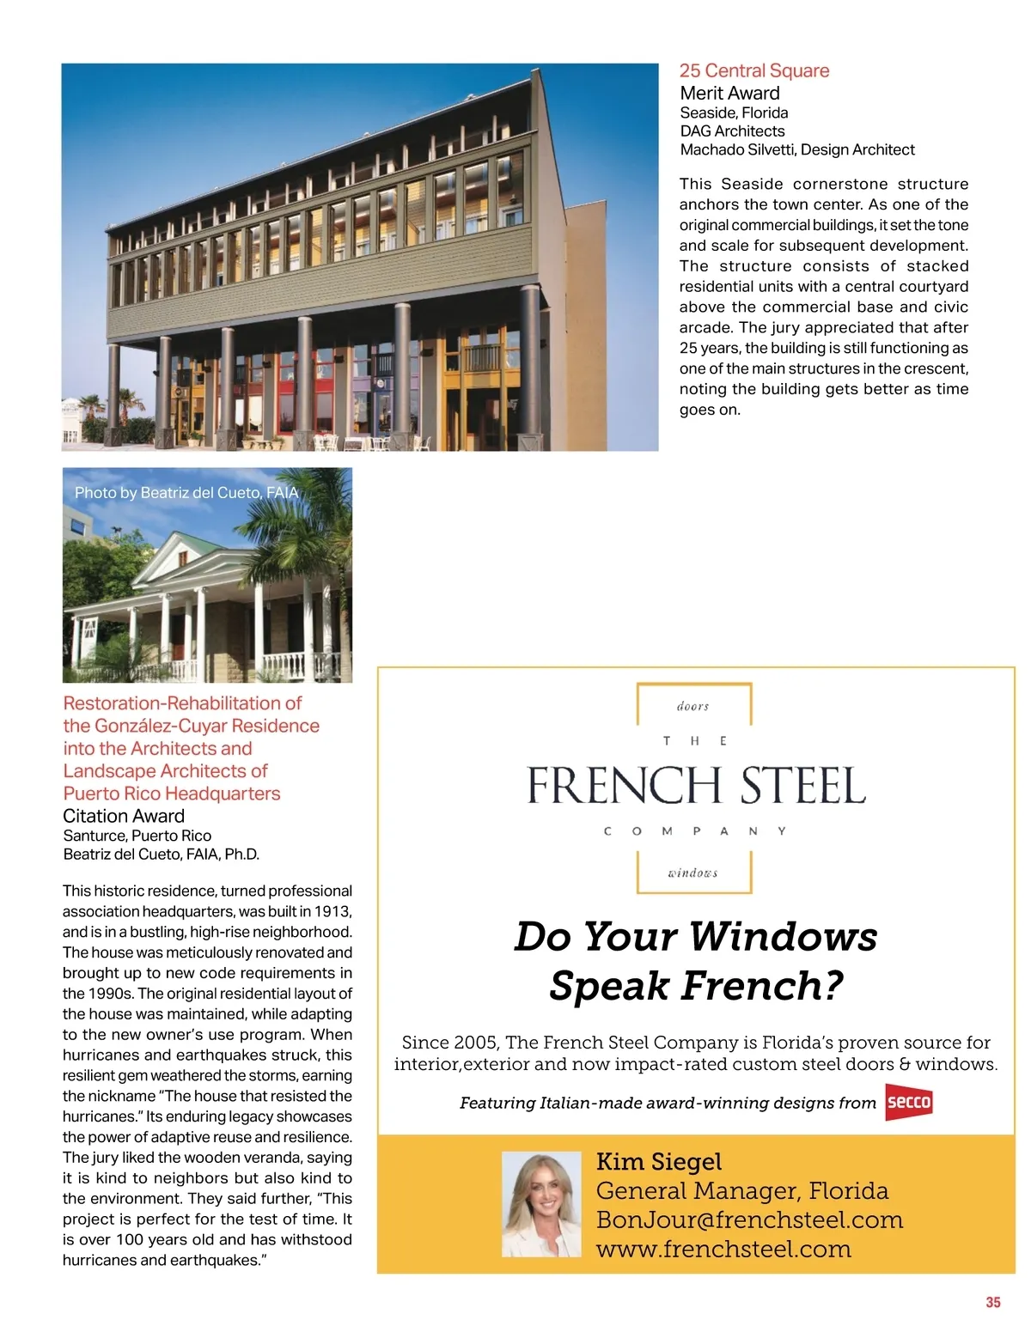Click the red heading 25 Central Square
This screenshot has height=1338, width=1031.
click(x=754, y=71)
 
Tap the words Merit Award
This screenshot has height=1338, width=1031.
click(x=729, y=94)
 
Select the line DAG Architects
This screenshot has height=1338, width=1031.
click(x=732, y=131)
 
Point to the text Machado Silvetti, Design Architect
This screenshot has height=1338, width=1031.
click(x=796, y=150)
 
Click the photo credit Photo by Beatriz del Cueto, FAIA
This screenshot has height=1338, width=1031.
click(x=186, y=493)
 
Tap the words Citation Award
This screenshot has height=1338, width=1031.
click(x=124, y=816)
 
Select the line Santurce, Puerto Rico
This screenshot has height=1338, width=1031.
click(x=137, y=836)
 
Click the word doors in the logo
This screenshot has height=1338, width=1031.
click(x=692, y=707)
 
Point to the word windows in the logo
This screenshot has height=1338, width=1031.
click(x=692, y=873)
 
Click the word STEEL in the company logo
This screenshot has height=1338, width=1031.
click(x=802, y=786)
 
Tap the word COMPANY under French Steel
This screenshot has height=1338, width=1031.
click(x=694, y=831)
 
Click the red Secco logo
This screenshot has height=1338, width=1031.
click(x=908, y=1103)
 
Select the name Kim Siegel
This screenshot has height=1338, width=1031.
click(x=659, y=1162)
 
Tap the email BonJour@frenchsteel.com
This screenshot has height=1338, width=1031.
click(x=749, y=1220)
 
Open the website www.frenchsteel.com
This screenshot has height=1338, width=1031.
click(x=723, y=1250)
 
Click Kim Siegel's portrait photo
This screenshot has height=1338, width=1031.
click(x=541, y=1204)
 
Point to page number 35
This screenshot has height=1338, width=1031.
click(x=993, y=1302)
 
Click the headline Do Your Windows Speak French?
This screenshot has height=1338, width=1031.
click(x=695, y=960)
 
